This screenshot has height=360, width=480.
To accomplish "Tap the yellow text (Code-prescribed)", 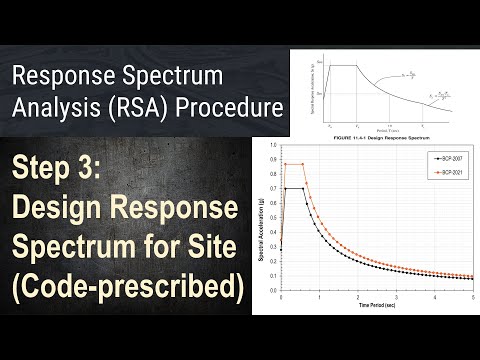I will coord(129,286).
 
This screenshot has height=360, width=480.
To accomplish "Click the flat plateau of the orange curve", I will coord(294,165).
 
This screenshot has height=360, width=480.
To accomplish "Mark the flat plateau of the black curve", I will coord(294,188).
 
